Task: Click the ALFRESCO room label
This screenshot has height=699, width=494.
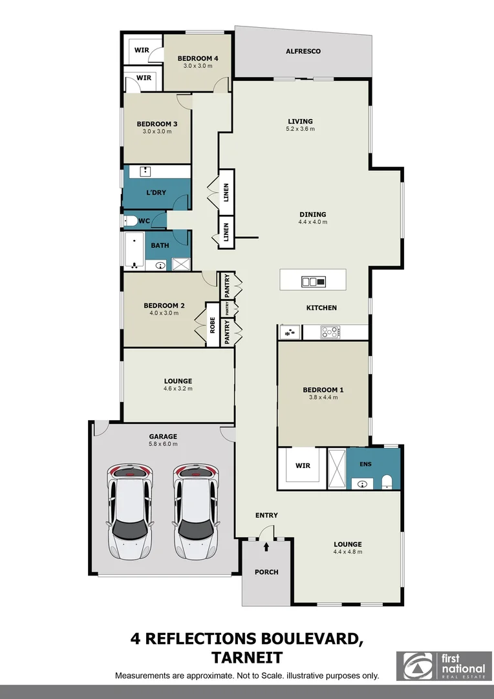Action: tap(303, 51)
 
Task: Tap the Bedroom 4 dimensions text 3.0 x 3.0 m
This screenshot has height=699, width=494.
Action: tap(198, 66)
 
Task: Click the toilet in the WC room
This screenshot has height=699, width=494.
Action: tap(130, 221)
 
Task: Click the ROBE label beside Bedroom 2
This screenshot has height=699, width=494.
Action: tap(212, 326)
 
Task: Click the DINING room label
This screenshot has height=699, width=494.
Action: tap(312, 214)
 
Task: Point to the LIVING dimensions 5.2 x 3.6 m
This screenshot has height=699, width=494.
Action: tap(301, 129)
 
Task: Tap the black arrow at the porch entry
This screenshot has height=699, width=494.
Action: tap(266, 547)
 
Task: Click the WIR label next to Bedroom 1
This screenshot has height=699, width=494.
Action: tap(303, 465)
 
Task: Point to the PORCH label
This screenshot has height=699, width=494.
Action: tap(266, 572)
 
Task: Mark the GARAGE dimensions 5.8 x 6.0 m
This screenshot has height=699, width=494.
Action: tap(162, 444)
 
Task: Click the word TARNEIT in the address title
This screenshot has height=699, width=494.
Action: tap(247, 658)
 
